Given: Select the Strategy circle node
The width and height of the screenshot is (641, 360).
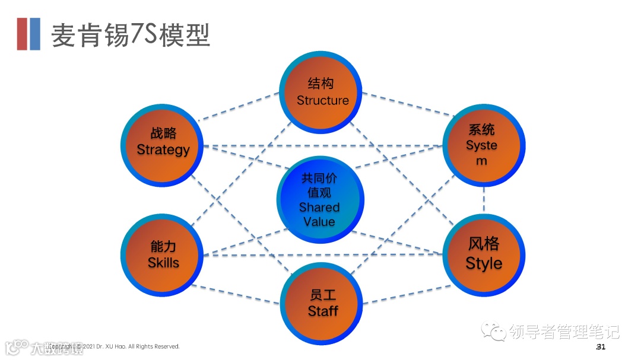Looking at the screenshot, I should pyautogui.click(x=163, y=142).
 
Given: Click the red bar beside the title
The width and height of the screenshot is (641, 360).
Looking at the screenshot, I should pyautogui.click(x=23, y=34).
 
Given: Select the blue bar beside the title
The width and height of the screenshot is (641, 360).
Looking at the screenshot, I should pyautogui.click(x=35, y=34).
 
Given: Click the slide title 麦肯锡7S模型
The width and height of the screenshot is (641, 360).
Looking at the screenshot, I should pyautogui.click(x=131, y=35).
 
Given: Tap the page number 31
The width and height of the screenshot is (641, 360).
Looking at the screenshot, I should pyautogui.click(x=601, y=346).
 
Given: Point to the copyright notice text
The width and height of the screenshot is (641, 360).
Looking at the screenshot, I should pyautogui.click(x=119, y=346).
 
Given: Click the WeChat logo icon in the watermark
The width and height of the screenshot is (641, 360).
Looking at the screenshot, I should pyautogui.click(x=493, y=330).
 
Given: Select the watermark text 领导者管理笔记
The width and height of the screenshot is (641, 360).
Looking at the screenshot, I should pyautogui.click(x=564, y=332).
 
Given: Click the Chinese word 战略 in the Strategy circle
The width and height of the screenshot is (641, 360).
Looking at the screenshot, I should pyautogui.click(x=163, y=133).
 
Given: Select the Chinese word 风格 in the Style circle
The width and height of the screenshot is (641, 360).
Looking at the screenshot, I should pyautogui.click(x=484, y=244).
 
